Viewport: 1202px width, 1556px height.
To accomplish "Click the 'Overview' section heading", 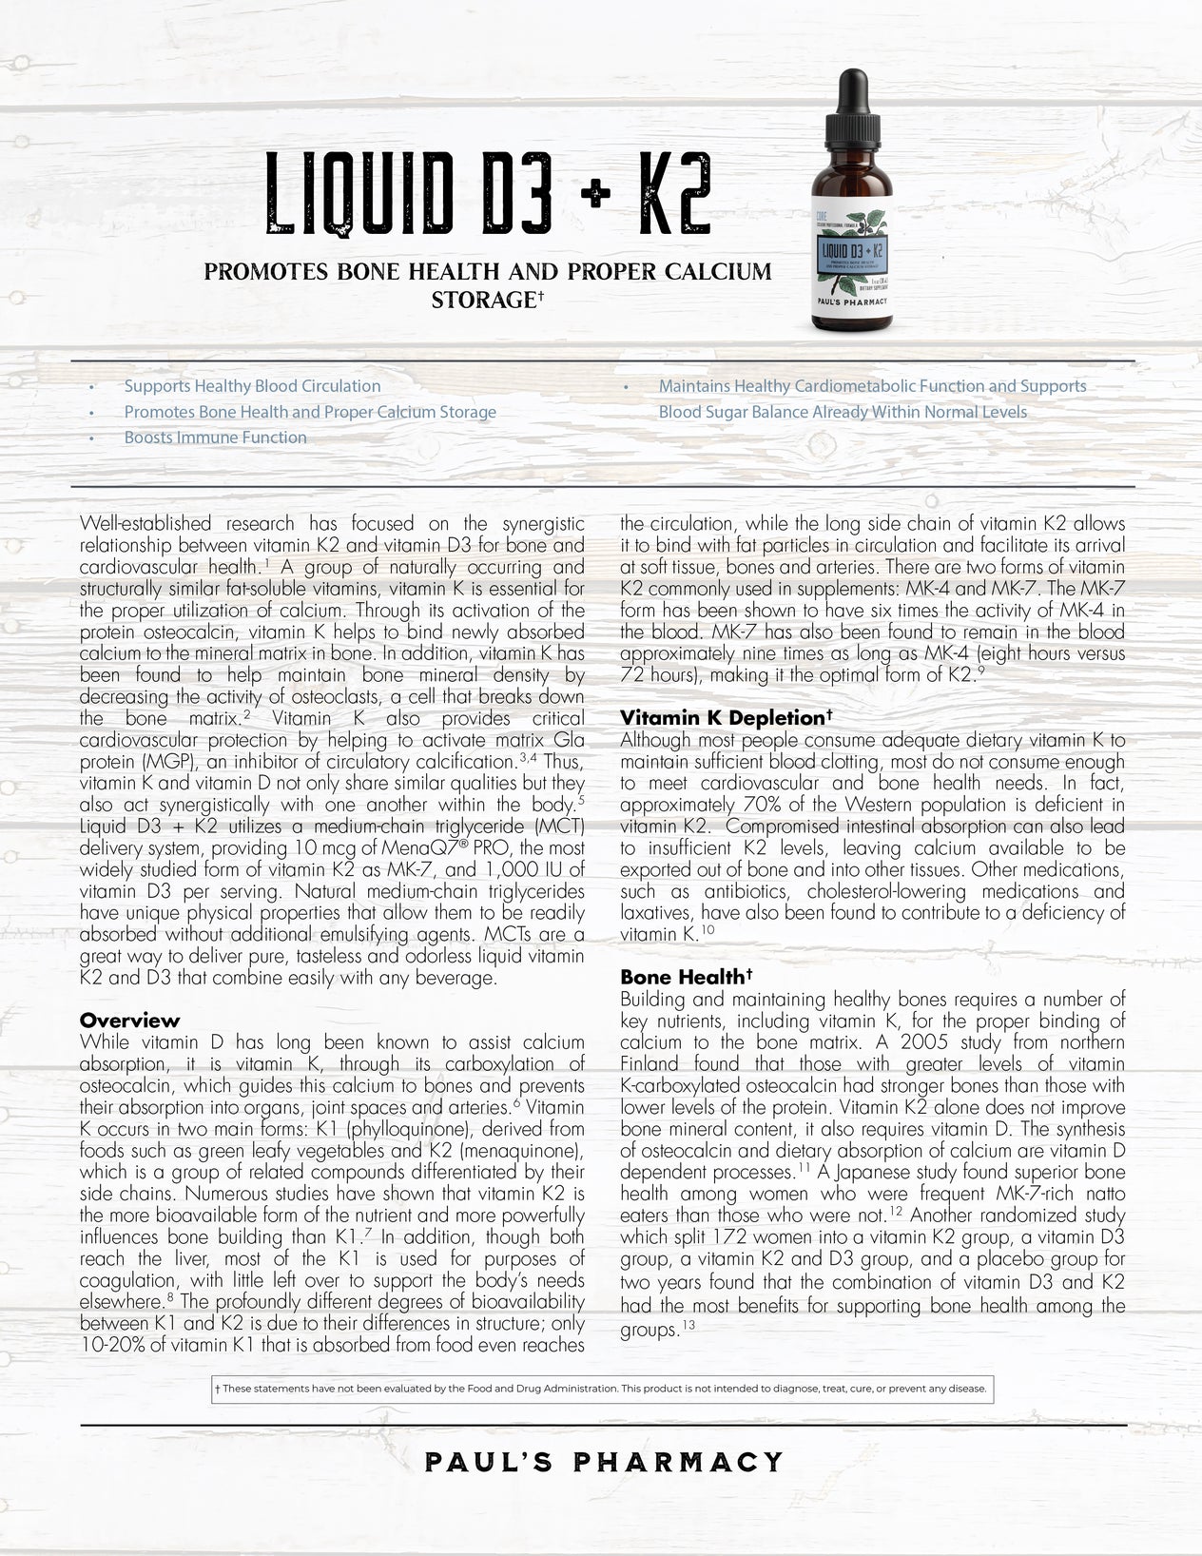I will coord(129,1021).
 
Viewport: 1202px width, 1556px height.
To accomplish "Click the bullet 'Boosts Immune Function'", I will coord(215,438).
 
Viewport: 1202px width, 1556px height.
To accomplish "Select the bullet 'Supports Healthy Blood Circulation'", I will coord(252,386).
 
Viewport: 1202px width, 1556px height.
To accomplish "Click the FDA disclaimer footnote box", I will coord(601,1389).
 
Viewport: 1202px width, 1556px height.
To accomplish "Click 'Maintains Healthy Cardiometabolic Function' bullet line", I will coord(871,386).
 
